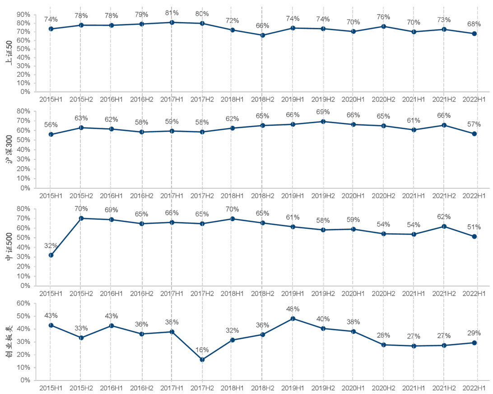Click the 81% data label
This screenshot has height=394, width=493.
[172, 13]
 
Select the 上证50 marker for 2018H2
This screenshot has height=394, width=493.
[262, 35]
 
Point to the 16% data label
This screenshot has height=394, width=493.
[202, 350]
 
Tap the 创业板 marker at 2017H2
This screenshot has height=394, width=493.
[202, 360]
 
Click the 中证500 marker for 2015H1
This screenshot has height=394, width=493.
[51, 255]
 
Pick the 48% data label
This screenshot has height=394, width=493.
[293, 309]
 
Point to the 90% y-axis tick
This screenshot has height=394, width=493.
[24, 14]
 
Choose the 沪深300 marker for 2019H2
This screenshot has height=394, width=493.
[323, 121]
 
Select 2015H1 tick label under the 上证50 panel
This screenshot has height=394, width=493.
[51, 98]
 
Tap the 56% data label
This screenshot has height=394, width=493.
[51, 125]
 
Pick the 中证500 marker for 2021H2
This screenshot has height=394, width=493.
[444, 226]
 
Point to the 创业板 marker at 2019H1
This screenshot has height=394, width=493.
[293, 319]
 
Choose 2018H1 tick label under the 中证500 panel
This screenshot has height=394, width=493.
[232, 293]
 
